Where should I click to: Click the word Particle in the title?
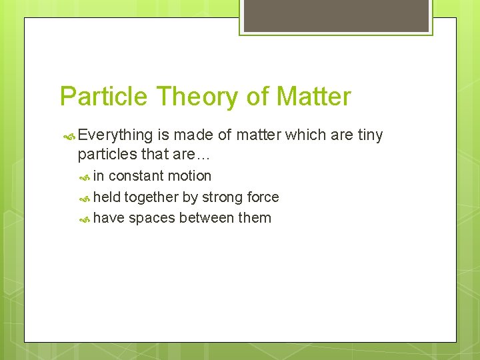click(103, 97)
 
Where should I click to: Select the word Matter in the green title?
click(313, 97)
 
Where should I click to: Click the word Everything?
click(115, 135)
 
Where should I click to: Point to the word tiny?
click(370, 135)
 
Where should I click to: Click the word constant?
click(136, 176)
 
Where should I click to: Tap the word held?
click(107, 197)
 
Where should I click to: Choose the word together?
click(151, 197)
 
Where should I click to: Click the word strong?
click(224, 197)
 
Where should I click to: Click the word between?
click(205, 217)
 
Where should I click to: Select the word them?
click(255, 217)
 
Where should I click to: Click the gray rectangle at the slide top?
click(335, 15)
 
